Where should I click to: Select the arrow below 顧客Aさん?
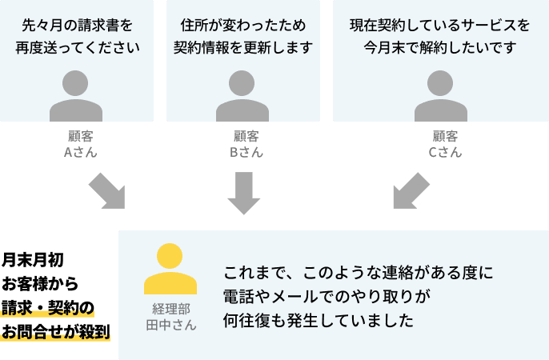click(x=106, y=190)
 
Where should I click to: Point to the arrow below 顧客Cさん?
click(x=411, y=190)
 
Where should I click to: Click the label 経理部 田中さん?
click(x=170, y=317)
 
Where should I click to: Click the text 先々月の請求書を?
click(x=77, y=25)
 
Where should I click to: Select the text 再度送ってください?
click(x=77, y=47)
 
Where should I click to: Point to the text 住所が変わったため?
click(x=242, y=25)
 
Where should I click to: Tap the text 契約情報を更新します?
click(x=242, y=47)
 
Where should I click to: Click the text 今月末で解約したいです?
click(x=440, y=47)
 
